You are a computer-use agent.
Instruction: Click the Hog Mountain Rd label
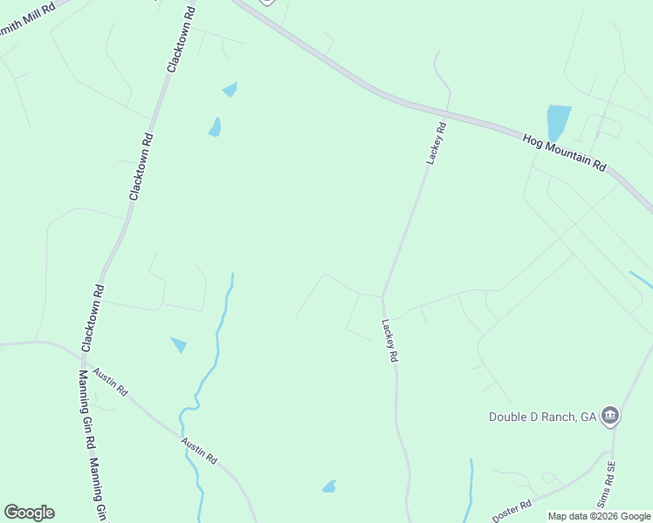pyautogui.click(x=564, y=153)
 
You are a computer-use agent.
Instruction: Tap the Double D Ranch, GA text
pyautogui.click(x=541, y=417)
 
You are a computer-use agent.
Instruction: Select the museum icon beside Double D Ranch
pyautogui.click(x=610, y=417)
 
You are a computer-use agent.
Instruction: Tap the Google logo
pyautogui.click(x=29, y=513)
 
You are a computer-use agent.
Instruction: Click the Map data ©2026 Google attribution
pyautogui.click(x=599, y=516)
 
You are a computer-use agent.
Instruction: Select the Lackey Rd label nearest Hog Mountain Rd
pyautogui.click(x=436, y=143)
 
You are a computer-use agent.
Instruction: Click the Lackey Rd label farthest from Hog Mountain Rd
pyautogui.click(x=388, y=341)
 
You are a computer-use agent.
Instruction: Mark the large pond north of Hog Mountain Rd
pyautogui.click(x=557, y=122)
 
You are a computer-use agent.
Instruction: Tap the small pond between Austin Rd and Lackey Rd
pyautogui.click(x=329, y=486)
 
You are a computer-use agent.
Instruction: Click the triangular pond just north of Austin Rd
pyautogui.click(x=179, y=344)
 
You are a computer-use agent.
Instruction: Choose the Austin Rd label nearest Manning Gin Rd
pyautogui.click(x=111, y=382)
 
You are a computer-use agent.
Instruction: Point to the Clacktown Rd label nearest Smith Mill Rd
pyautogui.click(x=180, y=39)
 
